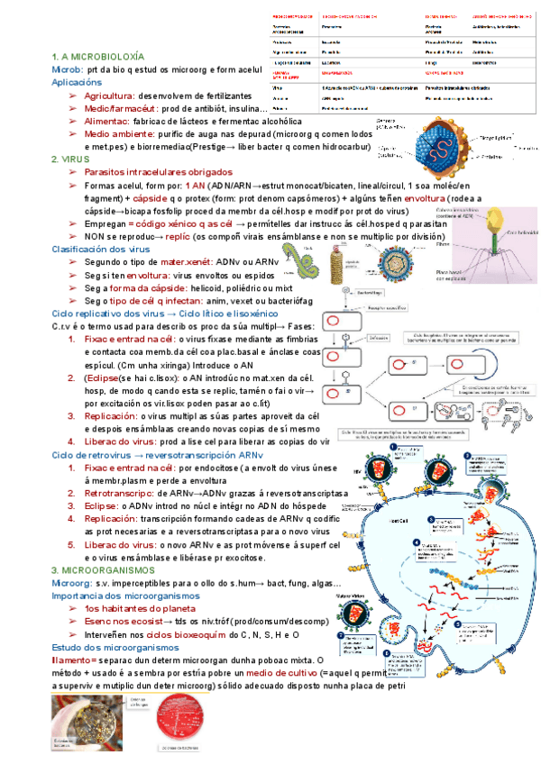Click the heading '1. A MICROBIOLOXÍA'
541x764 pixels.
[96, 57]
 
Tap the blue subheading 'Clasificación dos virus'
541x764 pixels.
[101, 248]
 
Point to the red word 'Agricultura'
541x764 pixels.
[109, 95]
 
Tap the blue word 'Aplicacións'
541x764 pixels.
[77, 81]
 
